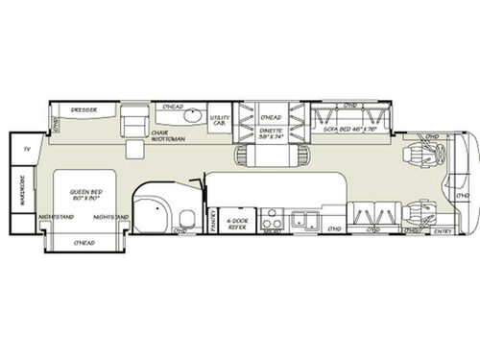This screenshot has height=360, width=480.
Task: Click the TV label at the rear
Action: click(26, 150)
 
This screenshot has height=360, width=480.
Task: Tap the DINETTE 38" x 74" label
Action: click(273, 136)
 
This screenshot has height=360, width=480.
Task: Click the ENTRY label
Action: click(444, 231)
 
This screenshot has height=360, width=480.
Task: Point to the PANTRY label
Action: click(211, 220)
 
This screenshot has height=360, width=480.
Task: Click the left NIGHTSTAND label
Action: click(57, 217)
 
